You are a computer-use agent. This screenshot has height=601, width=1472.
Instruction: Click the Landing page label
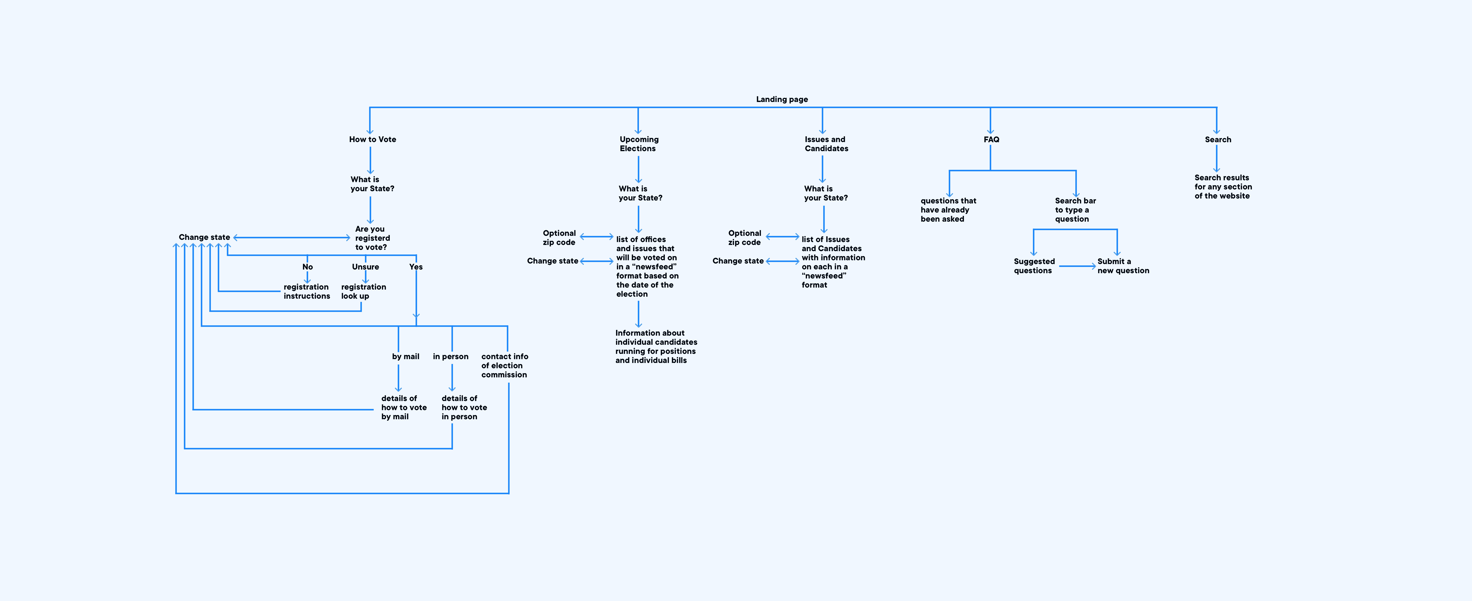[782, 99]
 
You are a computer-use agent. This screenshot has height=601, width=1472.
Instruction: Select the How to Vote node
[373, 139]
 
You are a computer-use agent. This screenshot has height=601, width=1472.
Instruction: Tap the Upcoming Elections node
[639, 144]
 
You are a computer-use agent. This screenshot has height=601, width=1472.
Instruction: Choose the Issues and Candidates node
[826, 144]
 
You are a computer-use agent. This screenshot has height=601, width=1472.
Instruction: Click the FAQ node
[991, 139]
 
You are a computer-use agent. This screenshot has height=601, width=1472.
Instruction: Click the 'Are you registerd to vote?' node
[373, 238]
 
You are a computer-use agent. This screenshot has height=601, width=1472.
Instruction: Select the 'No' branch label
[307, 267]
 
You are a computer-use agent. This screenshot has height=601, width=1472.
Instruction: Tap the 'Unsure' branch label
[365, 267]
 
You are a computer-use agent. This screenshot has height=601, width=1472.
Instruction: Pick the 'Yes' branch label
[416, 267]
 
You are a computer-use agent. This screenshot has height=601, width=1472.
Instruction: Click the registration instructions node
[307, 291]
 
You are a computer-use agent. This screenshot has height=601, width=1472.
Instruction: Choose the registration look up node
[363, 291]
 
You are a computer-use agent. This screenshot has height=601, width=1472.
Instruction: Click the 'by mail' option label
[406, 356]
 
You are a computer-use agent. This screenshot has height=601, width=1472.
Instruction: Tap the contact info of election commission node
[505, 366]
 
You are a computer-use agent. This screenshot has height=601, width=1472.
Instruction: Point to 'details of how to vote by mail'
[404, 407]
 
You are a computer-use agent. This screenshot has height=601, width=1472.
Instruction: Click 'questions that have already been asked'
[948, 210]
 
